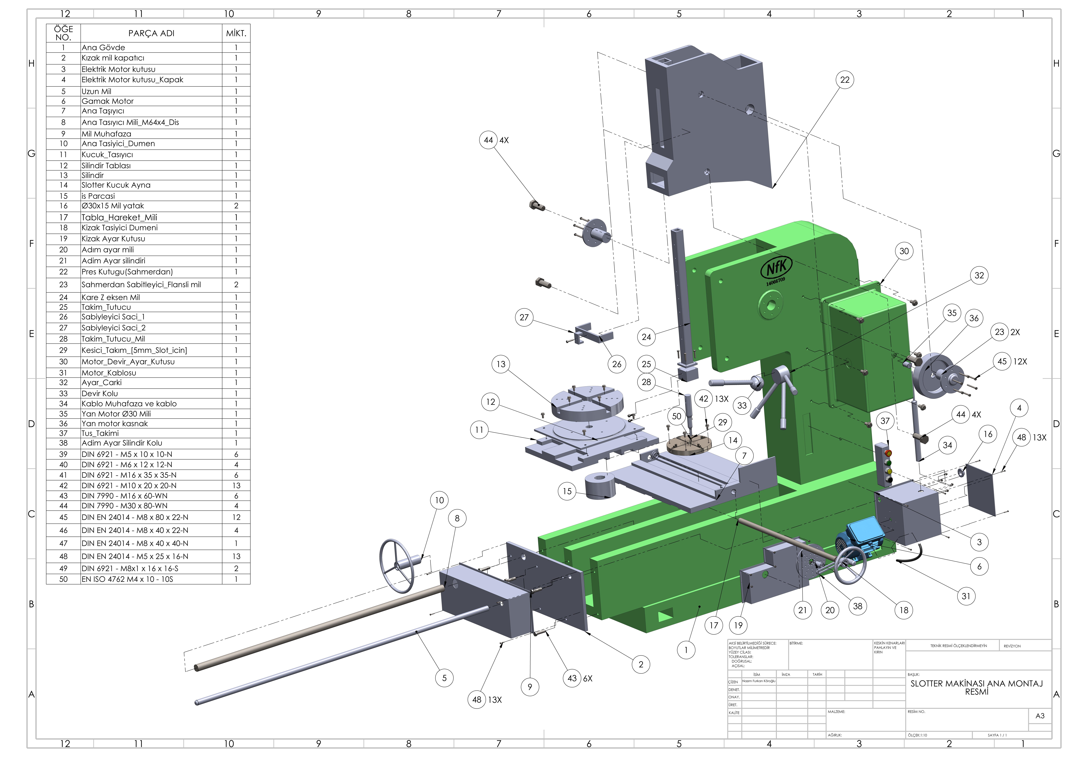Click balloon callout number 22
845,80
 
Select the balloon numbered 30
904,251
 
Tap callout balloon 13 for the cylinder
501,364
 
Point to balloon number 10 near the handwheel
439,500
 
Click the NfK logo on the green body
776,269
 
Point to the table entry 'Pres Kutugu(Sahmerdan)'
127,272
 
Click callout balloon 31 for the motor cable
966,596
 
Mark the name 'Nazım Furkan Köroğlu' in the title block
759,681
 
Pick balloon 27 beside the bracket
524,317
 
